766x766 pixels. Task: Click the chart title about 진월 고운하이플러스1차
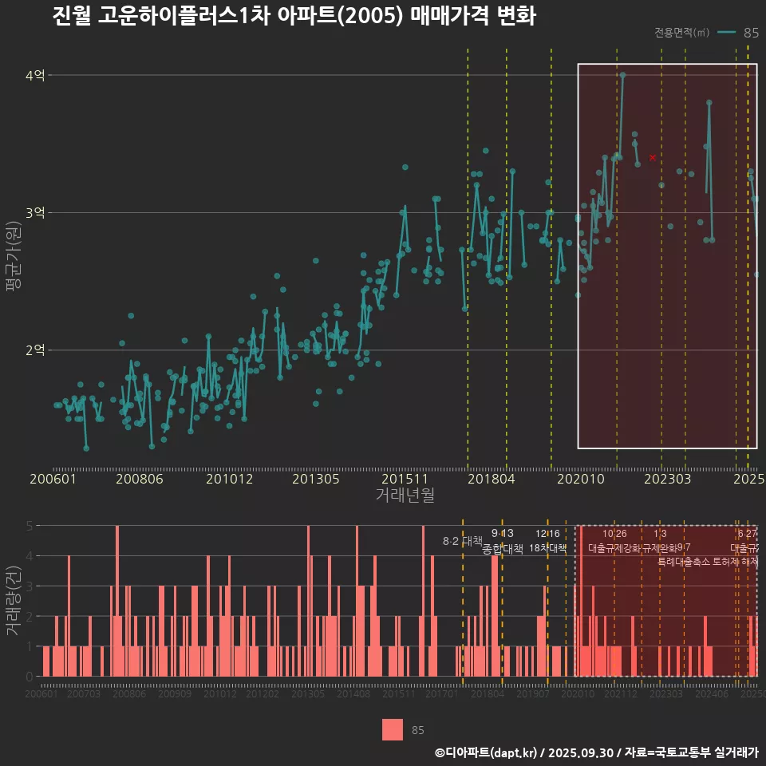click(294, 17)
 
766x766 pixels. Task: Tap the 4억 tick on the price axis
click(36, 76)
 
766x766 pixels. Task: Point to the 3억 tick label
click(36, 213)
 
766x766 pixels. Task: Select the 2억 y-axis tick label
click(36, 350)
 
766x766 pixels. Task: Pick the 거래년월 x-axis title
click(405, 496)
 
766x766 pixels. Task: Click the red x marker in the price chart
click(653, 158)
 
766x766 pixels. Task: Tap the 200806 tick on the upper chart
click(140, 480)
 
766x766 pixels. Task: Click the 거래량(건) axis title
click(14, 601)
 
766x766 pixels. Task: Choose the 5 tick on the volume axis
click(30, 526)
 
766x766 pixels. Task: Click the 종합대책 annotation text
click(503, 549)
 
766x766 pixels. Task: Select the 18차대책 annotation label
click(547, 548)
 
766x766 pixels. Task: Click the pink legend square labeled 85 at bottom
click(393, 730)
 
